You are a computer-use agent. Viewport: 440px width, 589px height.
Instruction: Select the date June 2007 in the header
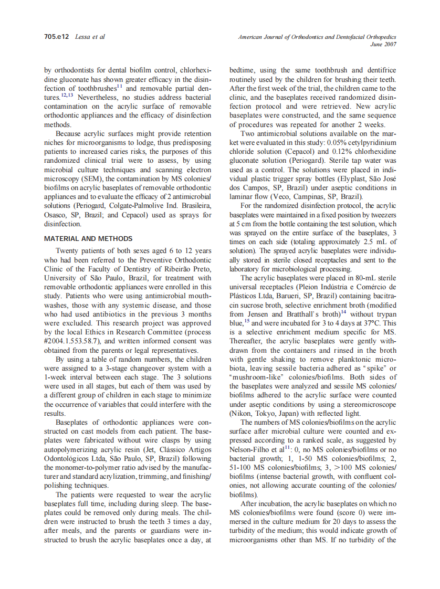(383, 44)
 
